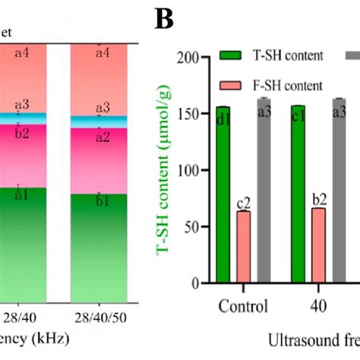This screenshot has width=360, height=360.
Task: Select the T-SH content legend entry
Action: (267, 56)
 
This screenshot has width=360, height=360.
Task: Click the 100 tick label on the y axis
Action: (186, 170)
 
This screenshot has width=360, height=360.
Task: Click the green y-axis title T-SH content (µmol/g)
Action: (167, 190)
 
